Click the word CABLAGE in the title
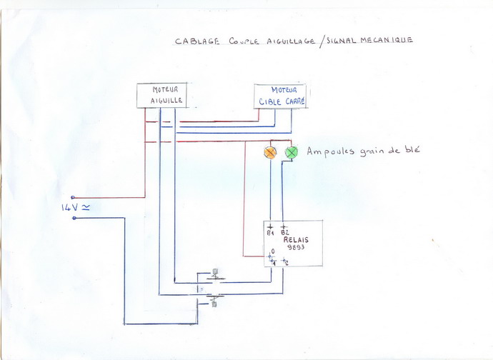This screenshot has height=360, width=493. [x=196, y=41]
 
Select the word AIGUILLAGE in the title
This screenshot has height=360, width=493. [x=286, y=41]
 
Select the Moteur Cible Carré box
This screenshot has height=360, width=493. [x=281, y=96]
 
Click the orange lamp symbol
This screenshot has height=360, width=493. [x=270, y=152]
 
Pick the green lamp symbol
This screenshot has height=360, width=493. [x=291, y=152]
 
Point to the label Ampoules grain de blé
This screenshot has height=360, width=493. [x=364, y=151]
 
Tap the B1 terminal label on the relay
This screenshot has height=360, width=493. [x=271, y=233]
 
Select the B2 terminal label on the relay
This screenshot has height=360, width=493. [x=284, y=233]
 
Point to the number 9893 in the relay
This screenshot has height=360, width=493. [x=294, y=247]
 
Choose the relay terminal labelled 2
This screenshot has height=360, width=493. [x=285, y=262]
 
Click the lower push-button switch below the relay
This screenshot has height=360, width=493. [x=214, y=299]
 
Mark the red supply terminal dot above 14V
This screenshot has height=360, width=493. [x=73, y=198]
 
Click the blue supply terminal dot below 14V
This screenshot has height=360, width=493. [x=73, y=218]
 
